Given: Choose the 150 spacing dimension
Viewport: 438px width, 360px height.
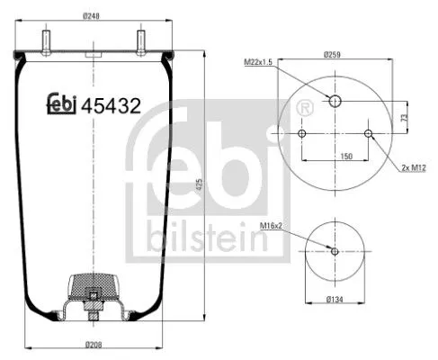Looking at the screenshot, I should point(335,156).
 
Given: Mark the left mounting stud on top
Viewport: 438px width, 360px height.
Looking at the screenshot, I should point(44,42).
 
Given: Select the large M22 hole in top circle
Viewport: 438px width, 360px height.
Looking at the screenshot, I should point(335,101).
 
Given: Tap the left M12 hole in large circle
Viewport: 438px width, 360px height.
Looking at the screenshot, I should point(302,134).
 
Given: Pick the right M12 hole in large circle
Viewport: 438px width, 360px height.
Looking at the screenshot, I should point(369,134).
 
